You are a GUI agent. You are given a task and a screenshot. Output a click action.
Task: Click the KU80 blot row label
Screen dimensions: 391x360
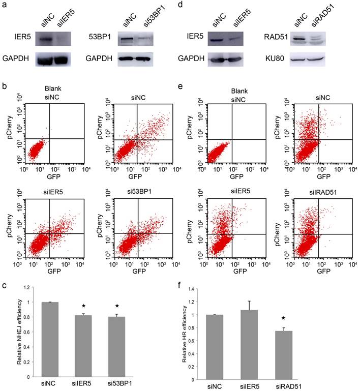(x=275, y=60)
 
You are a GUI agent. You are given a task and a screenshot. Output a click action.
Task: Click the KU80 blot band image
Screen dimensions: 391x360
(x=310, y=60)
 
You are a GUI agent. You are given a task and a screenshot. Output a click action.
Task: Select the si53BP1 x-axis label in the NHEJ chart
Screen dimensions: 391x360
(x=118, y=385)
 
